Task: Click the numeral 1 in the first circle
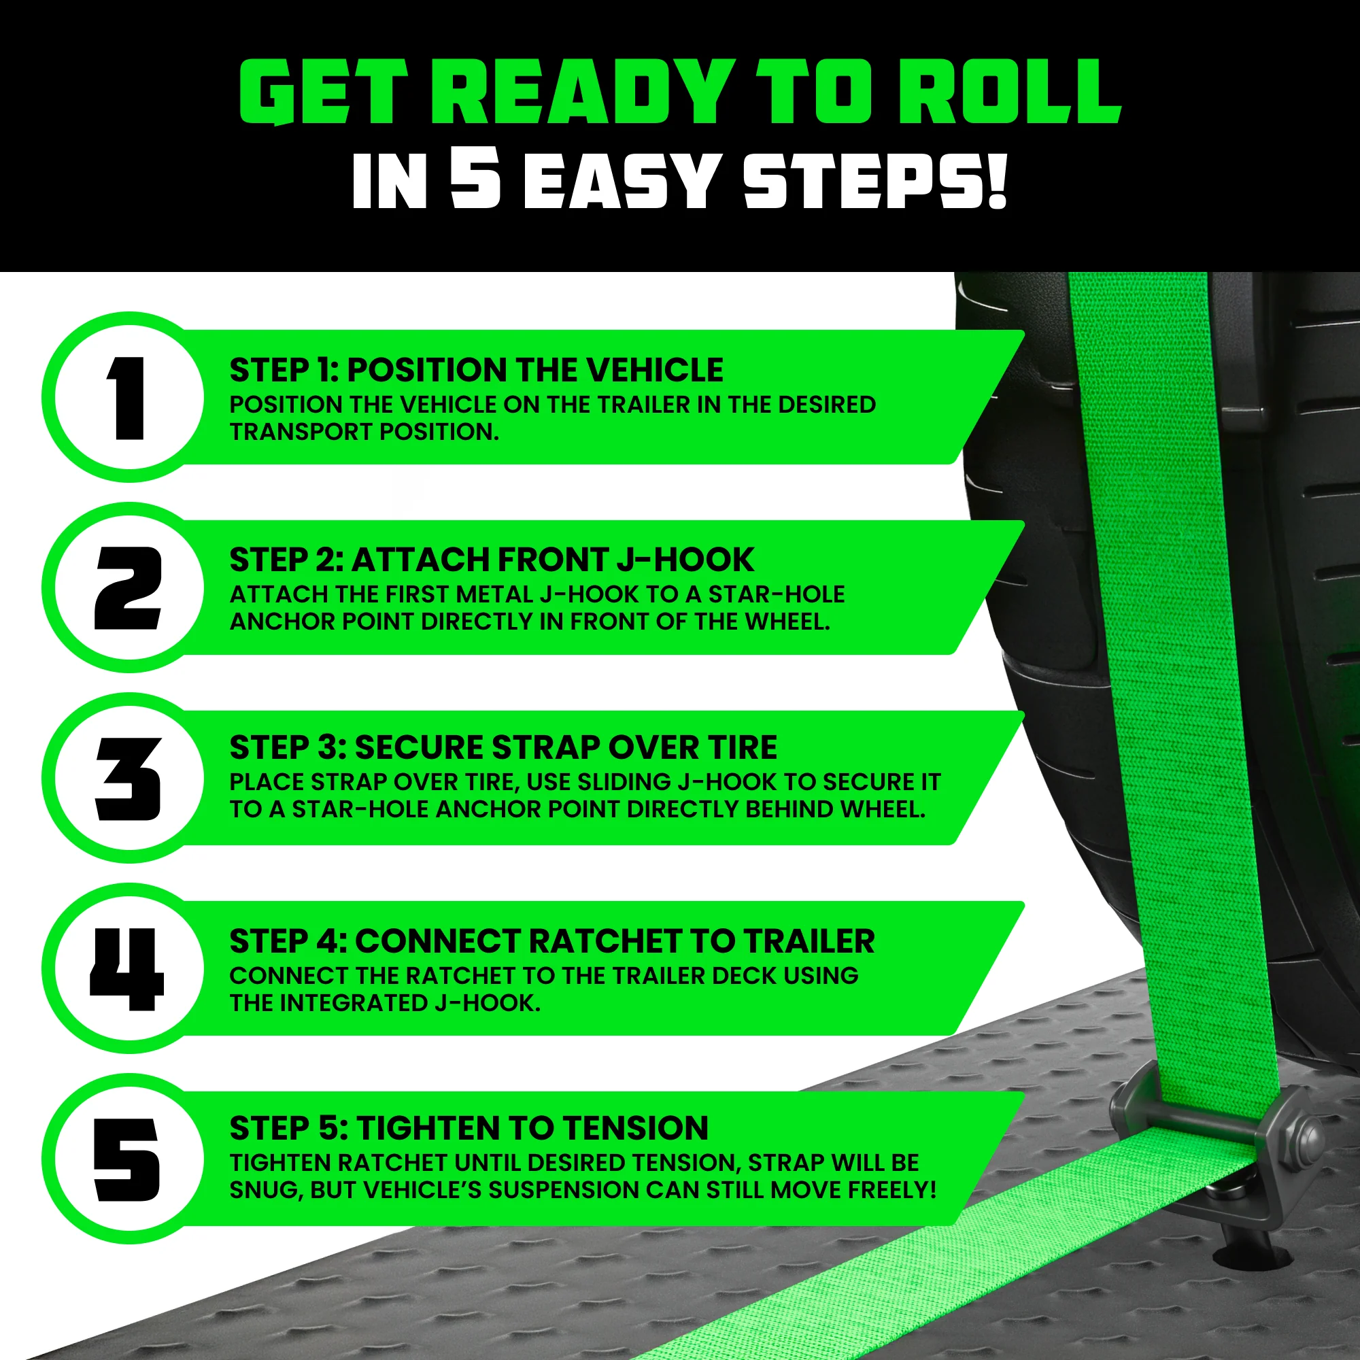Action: [x=127, y=398]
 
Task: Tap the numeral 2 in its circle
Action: [x=129, y=588]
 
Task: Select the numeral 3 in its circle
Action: [x=129, y=779]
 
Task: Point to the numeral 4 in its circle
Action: [x=127, y=969]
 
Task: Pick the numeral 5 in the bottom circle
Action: [x=127, y=1160]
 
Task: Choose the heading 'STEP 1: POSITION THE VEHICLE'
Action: [x=476, y=369]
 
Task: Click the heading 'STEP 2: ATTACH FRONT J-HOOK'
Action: [x=492, y=560]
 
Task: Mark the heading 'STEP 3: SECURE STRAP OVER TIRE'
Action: [x=503, y=747]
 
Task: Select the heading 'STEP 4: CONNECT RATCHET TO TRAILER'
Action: [x=552, y=941]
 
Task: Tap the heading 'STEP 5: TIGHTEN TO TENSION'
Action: [x=469, y=1127]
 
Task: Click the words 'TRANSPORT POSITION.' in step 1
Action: [x=364, y=432]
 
